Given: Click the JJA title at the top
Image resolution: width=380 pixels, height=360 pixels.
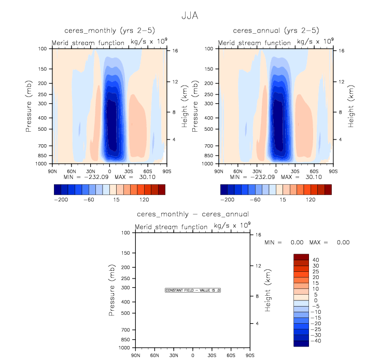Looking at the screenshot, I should click(189, 16).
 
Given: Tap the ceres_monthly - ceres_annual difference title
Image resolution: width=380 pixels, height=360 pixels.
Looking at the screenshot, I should click(192, 214).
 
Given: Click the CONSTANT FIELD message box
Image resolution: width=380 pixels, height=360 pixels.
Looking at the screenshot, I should click(193, 290).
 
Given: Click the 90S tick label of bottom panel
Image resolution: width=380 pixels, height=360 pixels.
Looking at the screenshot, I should click(250, 355).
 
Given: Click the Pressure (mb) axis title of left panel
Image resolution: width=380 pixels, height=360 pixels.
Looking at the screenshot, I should click(31, 106).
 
